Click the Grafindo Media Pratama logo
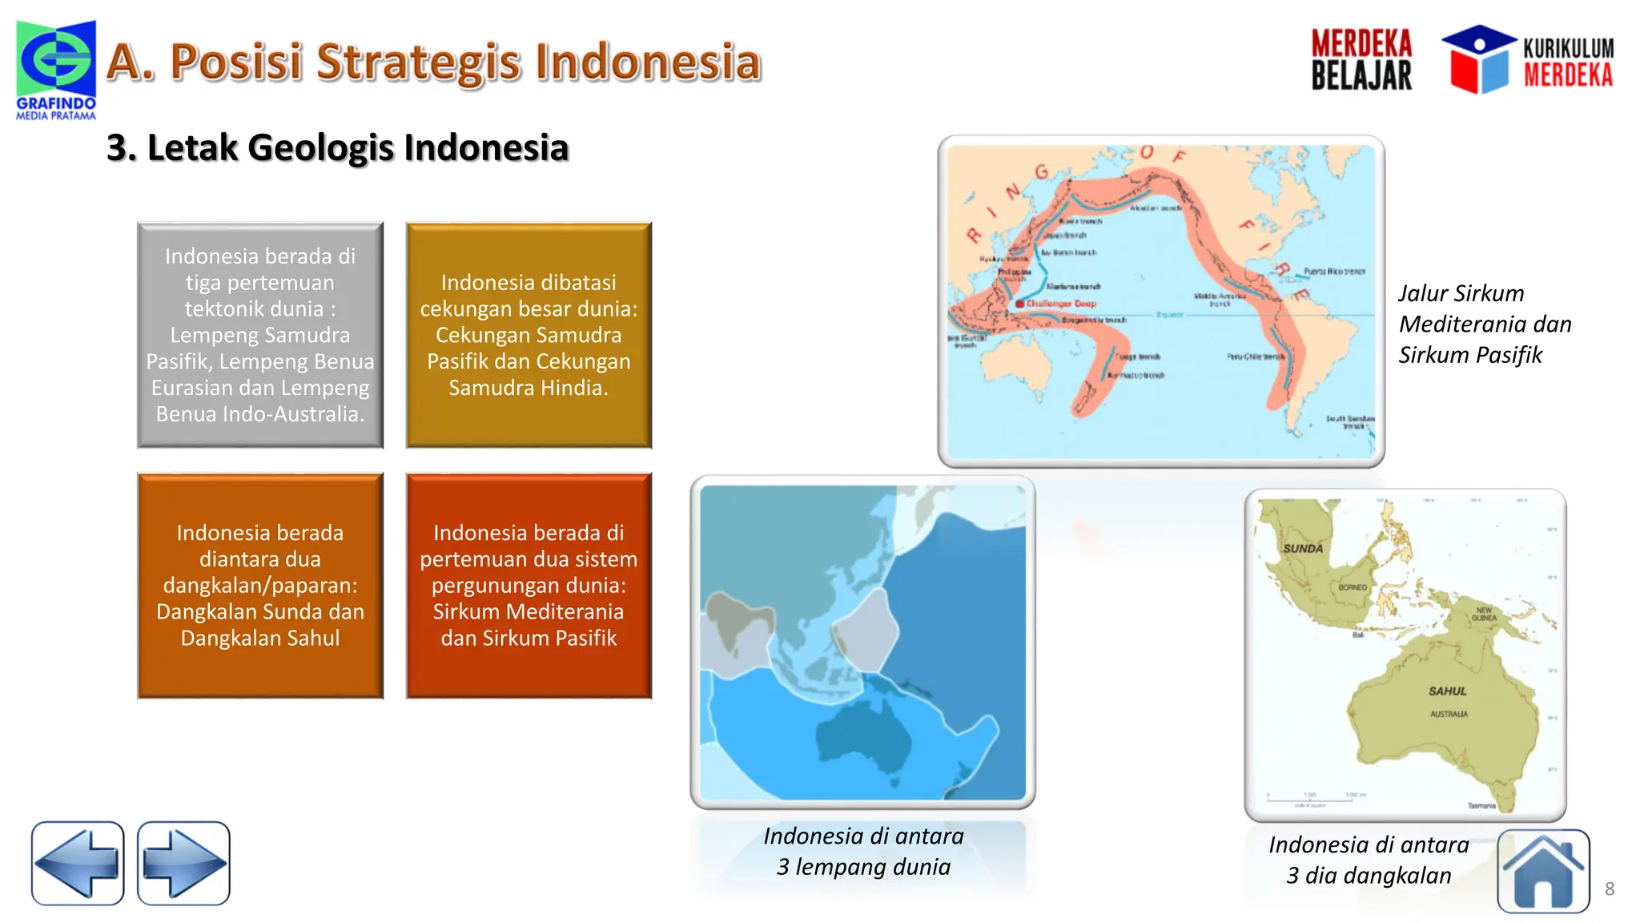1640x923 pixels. (x=56, y=68)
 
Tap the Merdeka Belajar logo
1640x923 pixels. (x=1361, y=60)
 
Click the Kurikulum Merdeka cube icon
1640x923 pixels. (x=1478, y=60)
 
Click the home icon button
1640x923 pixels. (x=1543, y=871)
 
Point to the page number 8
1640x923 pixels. (x=1610, y=889)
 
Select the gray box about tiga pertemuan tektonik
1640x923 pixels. (x=260, y=335)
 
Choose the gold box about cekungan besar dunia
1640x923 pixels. (x=529, y=335)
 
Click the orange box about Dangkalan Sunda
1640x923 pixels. (x=260, y=586)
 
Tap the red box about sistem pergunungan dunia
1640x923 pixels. (x=529, y=586)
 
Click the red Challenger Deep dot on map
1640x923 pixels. (x=1019, y=304)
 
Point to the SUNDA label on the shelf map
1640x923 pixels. (x=1303, y=549)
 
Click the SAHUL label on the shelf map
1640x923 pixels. (x=1448, y=691)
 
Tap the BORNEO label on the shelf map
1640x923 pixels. (x=1353, y=587)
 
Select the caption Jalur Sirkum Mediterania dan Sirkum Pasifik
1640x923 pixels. (x=1484, y=324)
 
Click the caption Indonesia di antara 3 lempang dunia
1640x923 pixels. (x=863, y=851)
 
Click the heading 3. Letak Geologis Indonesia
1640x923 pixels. (x=337, y=147)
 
